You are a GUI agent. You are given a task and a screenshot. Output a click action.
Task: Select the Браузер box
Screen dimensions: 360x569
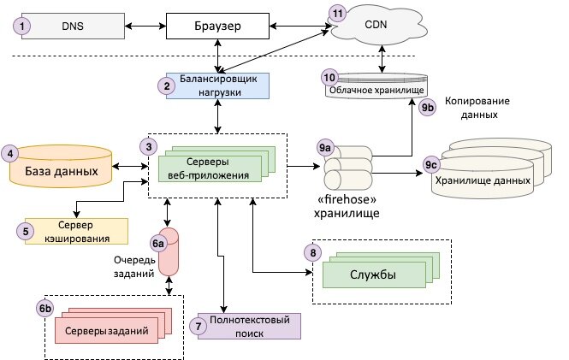[x=218, y=27]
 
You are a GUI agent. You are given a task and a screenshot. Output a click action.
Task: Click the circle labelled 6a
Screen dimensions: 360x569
[x=158, y=244]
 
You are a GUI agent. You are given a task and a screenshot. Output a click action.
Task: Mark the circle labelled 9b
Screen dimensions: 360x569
[x=428, y=108]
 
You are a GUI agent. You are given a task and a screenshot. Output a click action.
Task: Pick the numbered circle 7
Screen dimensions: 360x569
[x=199, y=326]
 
